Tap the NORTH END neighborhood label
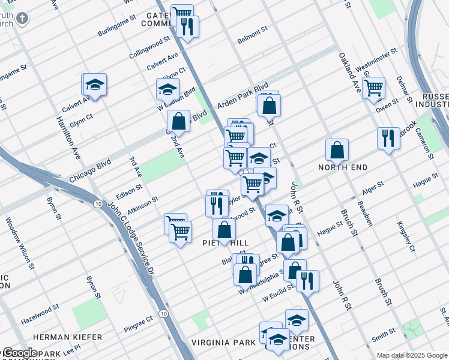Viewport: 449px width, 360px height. pos(343,167)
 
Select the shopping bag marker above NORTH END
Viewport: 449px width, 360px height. pos(337,151)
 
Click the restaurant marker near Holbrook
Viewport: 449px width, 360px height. pos(388,139)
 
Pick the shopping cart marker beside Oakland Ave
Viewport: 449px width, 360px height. pos(373,88)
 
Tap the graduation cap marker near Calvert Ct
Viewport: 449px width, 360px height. pos(95,86)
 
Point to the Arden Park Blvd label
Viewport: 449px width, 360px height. pos(243,96)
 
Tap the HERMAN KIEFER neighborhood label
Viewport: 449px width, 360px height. pos(67,337)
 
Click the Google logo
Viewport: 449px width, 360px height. pos(20,353)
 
